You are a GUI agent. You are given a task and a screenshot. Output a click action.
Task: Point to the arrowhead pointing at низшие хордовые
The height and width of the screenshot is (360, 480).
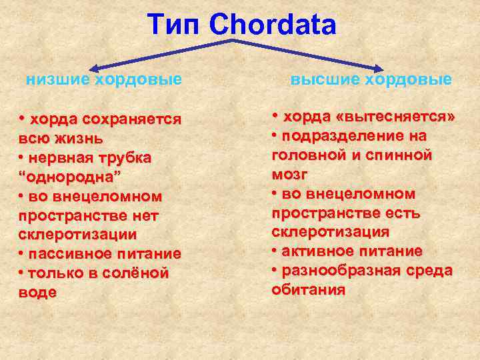(x=95, y=67)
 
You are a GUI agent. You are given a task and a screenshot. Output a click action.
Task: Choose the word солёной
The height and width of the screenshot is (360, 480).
(x=135, y=273)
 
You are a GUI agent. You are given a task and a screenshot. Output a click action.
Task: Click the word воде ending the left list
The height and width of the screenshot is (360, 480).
(x=38, y=293)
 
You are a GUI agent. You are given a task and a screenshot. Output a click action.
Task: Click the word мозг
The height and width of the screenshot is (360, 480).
(x=290, y=175)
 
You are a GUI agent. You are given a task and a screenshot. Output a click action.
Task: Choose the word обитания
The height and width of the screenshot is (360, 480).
(x=309, y=290)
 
